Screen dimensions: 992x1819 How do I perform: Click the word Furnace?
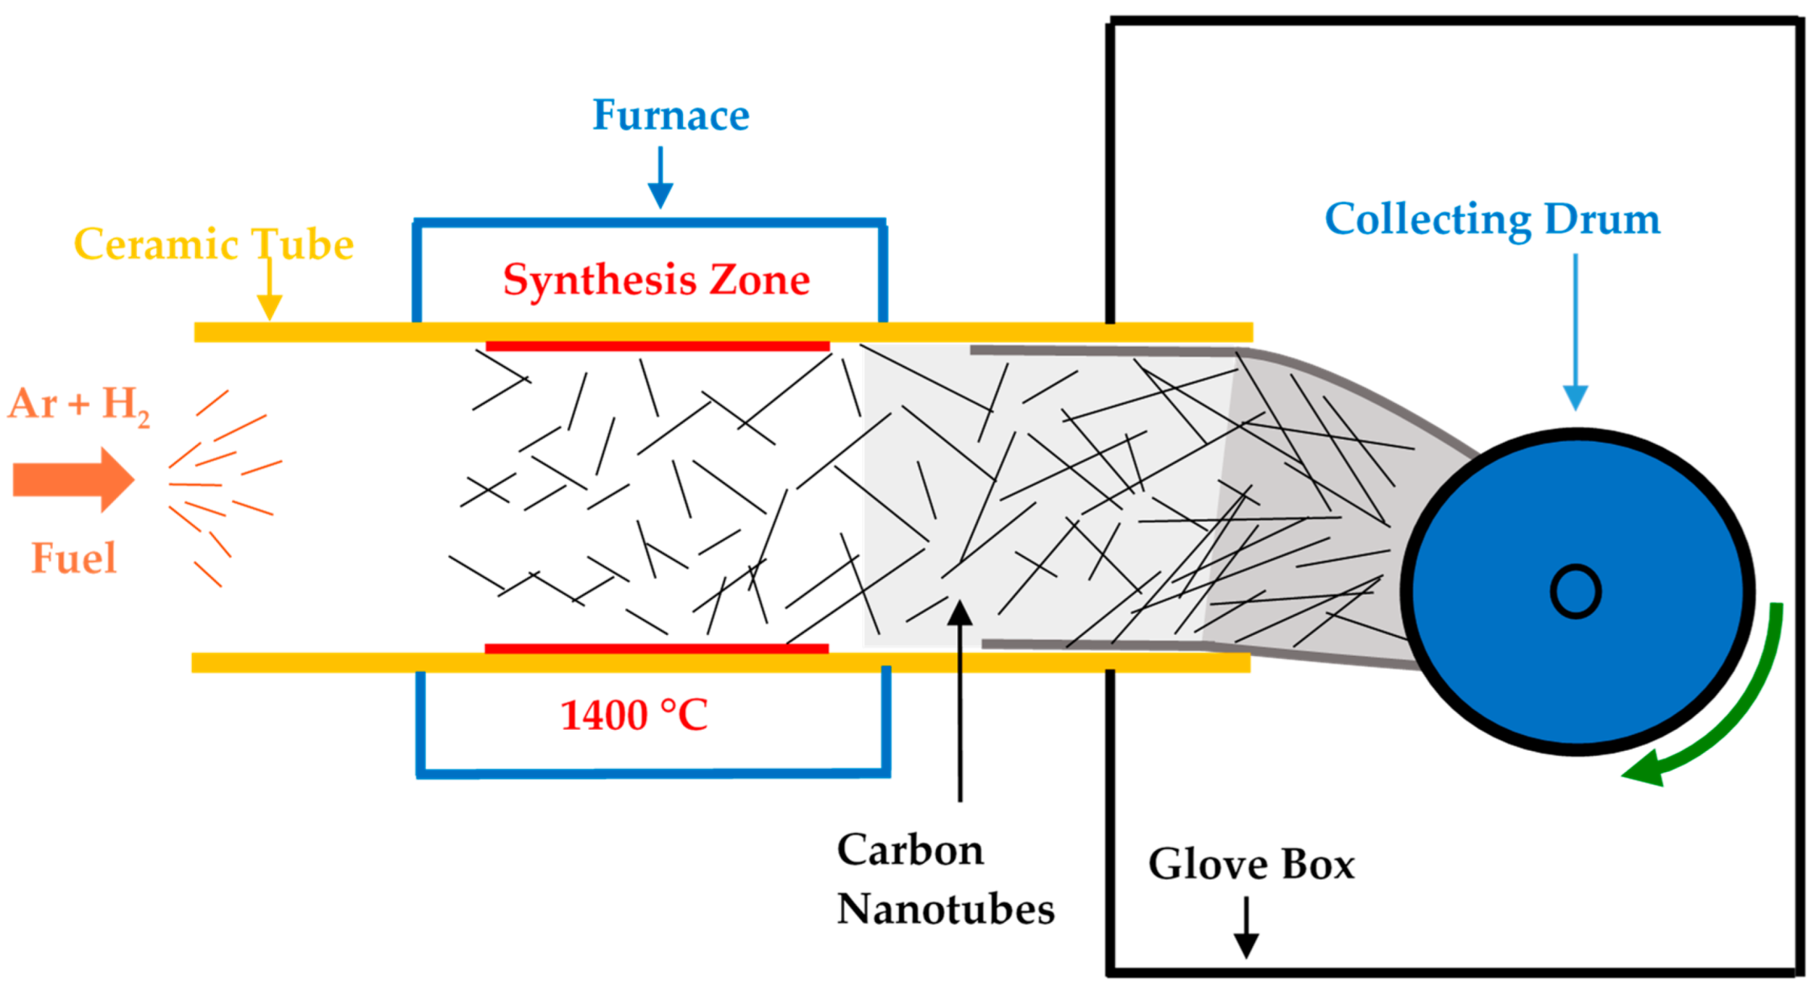point(670,115)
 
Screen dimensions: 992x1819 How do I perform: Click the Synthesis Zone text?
point(656,279)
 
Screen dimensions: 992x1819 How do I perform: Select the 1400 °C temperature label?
point(634,715)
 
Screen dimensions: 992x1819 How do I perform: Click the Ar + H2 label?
point(78,404)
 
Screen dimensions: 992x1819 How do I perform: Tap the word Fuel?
point(74,558)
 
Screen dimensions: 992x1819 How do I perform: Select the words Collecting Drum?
point(1491,219)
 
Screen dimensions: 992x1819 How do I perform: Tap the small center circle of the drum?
point(1575,591)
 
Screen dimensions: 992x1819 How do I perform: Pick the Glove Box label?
point(1251,863)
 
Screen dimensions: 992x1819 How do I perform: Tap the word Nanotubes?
point(945,909)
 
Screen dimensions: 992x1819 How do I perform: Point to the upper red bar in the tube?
point(657,346)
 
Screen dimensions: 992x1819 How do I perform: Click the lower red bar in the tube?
point(656,649)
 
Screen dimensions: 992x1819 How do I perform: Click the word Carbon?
point(909,850)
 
